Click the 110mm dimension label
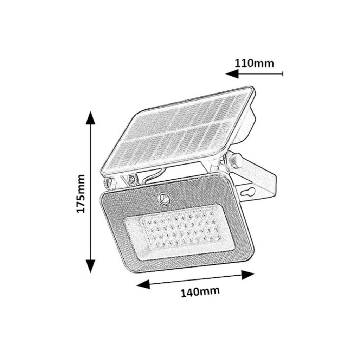[254, 63]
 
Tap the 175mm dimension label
[81, 194]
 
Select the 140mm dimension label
[200, 291]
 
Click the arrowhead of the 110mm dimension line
[232, 74]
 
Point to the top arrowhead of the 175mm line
[90, 118]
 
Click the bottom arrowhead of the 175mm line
[90, 266]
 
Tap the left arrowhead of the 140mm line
[143, 284]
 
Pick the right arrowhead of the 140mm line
[248, 275]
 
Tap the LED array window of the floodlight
[179, 232]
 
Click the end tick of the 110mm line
[283, 74]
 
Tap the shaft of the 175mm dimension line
[90, 192]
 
